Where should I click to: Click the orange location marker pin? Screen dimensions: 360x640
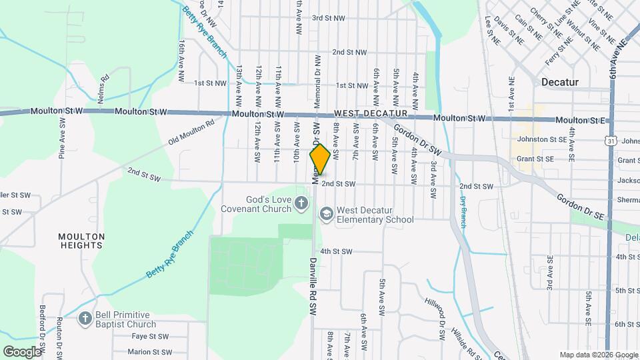(320, 160)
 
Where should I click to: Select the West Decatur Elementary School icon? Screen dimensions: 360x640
(326, 214)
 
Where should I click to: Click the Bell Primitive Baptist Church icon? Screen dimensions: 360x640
(85, 319)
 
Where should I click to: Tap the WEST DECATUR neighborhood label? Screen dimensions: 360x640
(371, 114)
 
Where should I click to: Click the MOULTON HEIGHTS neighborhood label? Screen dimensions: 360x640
(81, 241)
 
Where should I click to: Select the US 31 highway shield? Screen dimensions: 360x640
(611, 141)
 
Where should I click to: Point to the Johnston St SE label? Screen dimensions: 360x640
(536, 140)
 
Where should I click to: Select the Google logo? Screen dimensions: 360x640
(22, 351)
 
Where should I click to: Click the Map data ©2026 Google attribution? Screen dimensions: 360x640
(598, 355)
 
